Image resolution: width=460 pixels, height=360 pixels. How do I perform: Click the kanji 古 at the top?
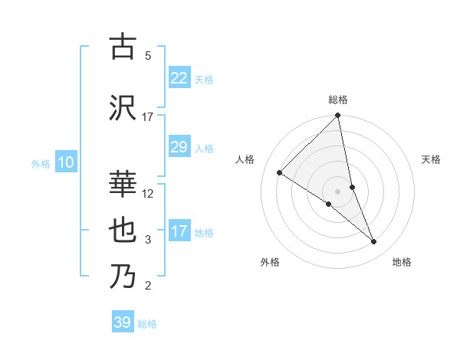[x=123, y=47]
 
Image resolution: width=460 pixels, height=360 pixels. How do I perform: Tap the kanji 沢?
[x=123, y=107]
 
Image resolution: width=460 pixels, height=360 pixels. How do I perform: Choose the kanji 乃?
[x=123, y=277]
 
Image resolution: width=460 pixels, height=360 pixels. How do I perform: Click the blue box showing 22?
[x=179, y=77]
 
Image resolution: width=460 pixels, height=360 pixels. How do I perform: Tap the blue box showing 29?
[x=179, y=147]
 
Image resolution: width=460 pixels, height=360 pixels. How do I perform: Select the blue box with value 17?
[x=179, y=231]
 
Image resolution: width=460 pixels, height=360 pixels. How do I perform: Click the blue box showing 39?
[x=123, y=322]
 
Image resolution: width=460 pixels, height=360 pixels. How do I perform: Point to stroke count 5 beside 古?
[x=148, y=56]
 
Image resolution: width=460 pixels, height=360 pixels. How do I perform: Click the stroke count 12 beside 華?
[x=148, y=194]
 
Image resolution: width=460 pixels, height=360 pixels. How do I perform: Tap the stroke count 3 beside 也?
[x=148, y=240]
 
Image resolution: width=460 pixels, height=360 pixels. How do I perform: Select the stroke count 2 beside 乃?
[x=148, y=286]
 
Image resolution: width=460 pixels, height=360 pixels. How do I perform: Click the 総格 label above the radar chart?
[x=338, y=100]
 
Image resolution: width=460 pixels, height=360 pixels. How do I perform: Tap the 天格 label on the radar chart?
[x=432, y=159]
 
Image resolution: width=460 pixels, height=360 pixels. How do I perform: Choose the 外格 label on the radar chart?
[x=270, y=262]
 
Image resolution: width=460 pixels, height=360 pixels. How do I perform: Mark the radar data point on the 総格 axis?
[x=338, y=116]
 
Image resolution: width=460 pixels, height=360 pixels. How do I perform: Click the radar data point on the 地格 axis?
[x=374, y=242]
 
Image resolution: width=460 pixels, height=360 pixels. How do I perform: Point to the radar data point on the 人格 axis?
[x=279, y=173]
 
